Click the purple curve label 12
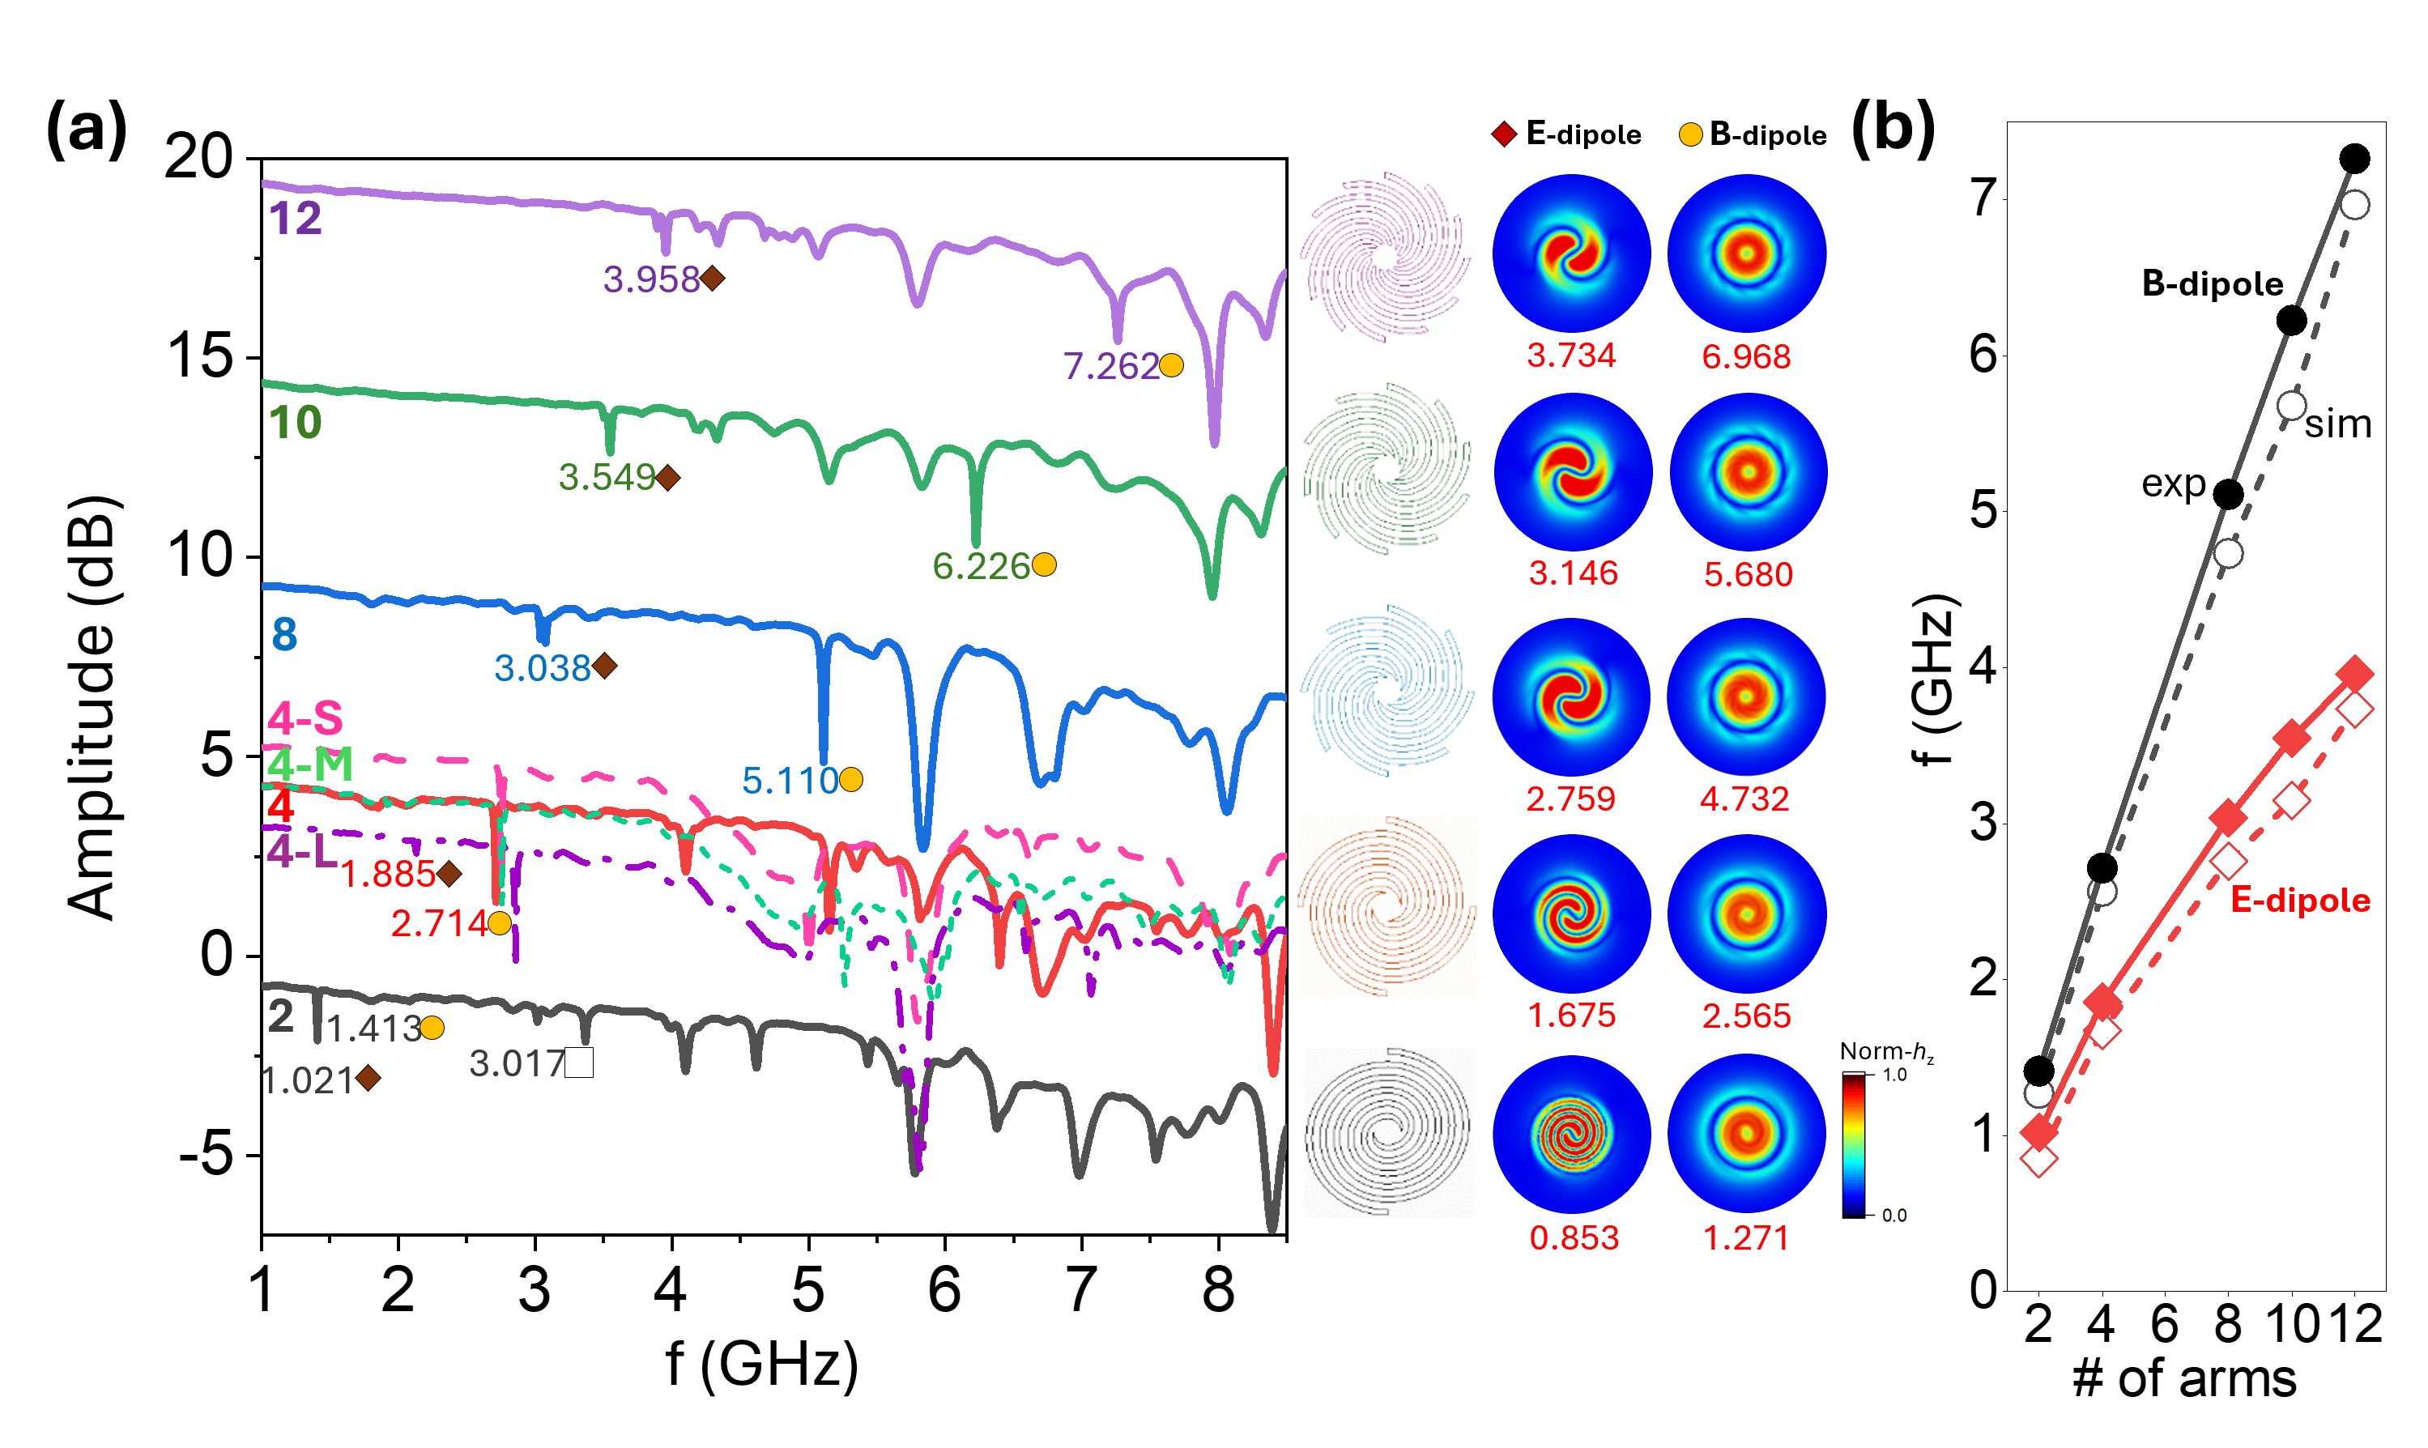click(296, 219)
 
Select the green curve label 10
click(296, 423)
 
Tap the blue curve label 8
click(284, 634)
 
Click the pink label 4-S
click(305, 718)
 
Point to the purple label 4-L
click(301, 852)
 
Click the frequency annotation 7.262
click(1111, 366)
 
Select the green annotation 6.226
click(982, 566)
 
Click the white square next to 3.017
click(578, 1063)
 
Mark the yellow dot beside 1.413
click(432, 1028)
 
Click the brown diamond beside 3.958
click(713, 279)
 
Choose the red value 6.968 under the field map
click(1746, 356)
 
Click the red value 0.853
click(1574, 1237)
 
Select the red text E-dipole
click(2300, 900)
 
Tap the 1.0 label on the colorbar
click(1894, 1075)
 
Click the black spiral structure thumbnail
click(1388, 1132)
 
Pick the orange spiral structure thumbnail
click(1387, 906)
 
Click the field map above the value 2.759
click(1570, 696)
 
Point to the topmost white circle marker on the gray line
click(2355, 205)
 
